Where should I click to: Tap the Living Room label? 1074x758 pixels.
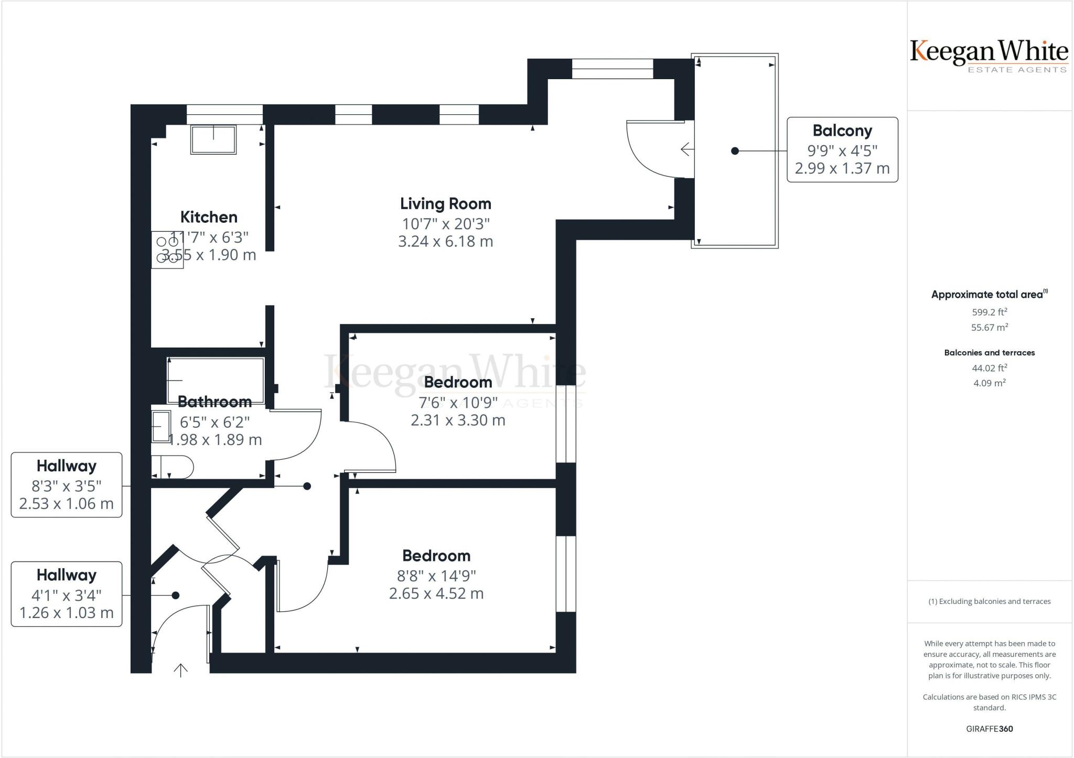446,204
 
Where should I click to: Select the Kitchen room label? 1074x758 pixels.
209,217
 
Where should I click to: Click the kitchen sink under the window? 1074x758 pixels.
213,139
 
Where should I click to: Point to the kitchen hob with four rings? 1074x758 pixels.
167,250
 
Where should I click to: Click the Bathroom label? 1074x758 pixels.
214,402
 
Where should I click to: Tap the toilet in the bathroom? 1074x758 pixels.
173,467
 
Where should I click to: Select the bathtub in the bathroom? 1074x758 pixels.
216,381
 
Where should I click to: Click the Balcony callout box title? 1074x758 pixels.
842,131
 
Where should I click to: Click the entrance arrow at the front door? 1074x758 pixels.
180,670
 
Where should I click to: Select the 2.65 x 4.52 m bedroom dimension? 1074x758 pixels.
436,593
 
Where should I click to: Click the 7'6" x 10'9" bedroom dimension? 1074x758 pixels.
458,403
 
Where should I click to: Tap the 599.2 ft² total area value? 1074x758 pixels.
990,312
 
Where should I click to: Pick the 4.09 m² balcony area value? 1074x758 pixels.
990,383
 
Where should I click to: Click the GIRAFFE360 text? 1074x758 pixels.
990,729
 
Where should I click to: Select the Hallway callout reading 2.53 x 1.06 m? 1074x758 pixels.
67,485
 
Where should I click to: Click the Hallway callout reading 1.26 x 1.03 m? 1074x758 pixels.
67,594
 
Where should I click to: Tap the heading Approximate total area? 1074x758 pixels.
987,295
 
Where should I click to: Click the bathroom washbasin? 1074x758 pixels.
162,427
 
